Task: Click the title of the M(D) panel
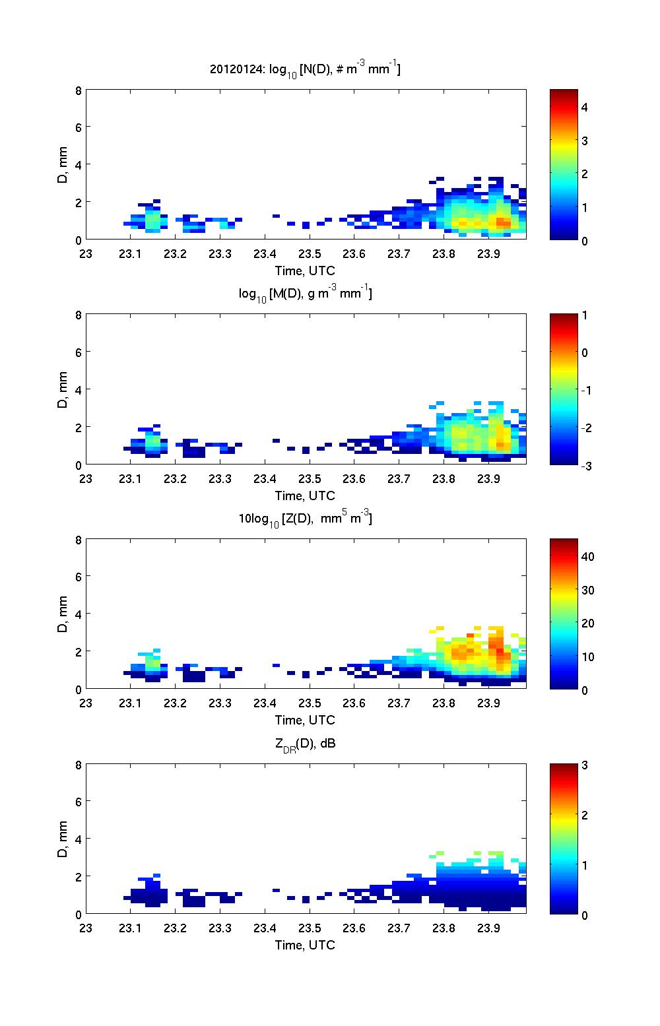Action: click(x=305, y=294)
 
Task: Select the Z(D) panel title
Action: click(x=305, y=519)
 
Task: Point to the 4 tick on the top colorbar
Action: click(x=584, y=107)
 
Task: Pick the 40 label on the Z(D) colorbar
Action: click(x=587, y=556)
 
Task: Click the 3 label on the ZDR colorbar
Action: click(x=584, y=765)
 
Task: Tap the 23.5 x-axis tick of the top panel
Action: click(x=309, y=253)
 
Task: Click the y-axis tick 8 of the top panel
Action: click(x=79, y=90)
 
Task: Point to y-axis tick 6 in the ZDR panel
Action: click(x=79, y=802)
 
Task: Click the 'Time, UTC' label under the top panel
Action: click(x=305, y=271)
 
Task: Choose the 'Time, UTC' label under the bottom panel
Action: click(x=305, y=946)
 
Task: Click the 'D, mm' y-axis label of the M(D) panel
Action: click(x=63, y=389)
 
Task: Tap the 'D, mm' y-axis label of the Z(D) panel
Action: click(x=63, y=614)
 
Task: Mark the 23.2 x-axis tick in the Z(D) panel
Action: click(x=175, y=703)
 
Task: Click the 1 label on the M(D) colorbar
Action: click(x=584, y=315)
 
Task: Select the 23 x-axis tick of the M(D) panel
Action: click(x=86, y=478)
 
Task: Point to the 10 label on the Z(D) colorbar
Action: click(x=587, y=657)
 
